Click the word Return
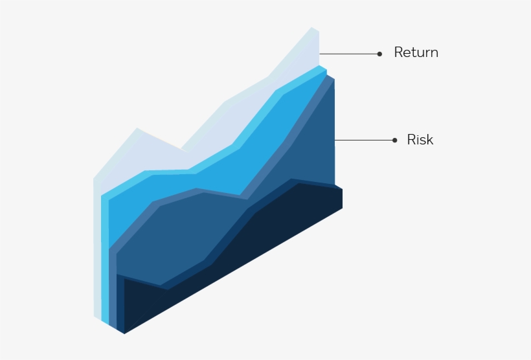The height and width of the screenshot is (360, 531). (416, 53)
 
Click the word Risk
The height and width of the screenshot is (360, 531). (420, 140)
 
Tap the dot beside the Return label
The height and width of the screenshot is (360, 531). (379, 54)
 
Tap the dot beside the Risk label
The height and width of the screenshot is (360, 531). (394, 140)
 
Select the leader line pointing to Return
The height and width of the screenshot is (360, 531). (349, 54)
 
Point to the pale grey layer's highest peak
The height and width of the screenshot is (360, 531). (312, 28)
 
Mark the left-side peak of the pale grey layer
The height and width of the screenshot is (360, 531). (137, 129)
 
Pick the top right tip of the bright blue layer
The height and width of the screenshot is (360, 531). (320, 66)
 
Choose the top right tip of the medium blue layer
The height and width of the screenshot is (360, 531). (328, 76)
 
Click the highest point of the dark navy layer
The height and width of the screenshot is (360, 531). (299, 184)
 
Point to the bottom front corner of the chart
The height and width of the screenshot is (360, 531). (124, 333)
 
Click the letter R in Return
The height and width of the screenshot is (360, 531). (398, 53)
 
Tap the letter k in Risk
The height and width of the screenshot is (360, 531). (429, 140)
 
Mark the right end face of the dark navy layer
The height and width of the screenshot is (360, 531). (338, 198)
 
